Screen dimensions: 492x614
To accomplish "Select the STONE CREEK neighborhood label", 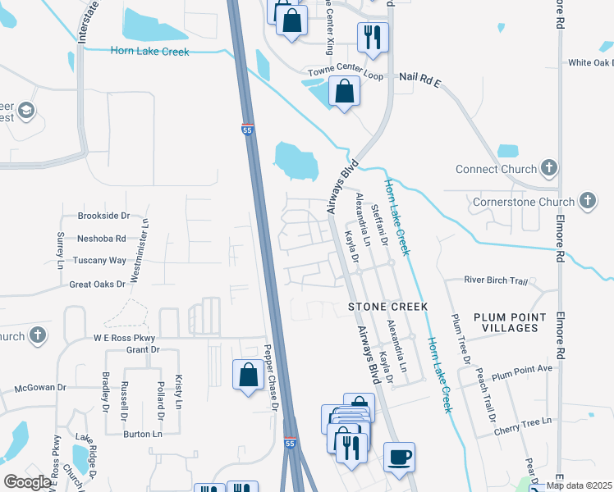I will [388, 306].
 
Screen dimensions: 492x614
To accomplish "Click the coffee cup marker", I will [400, 457].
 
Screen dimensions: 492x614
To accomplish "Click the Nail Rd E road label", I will [420, 77].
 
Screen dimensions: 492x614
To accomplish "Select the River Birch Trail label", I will [496, 280].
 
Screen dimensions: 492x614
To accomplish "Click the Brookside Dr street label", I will [103, 216].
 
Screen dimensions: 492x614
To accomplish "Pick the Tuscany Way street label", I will [101, 261].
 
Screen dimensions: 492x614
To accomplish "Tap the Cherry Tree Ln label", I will [522, 421].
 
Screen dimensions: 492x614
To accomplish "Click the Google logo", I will [27, 482].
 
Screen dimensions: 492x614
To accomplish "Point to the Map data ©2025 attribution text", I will [580, 485].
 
